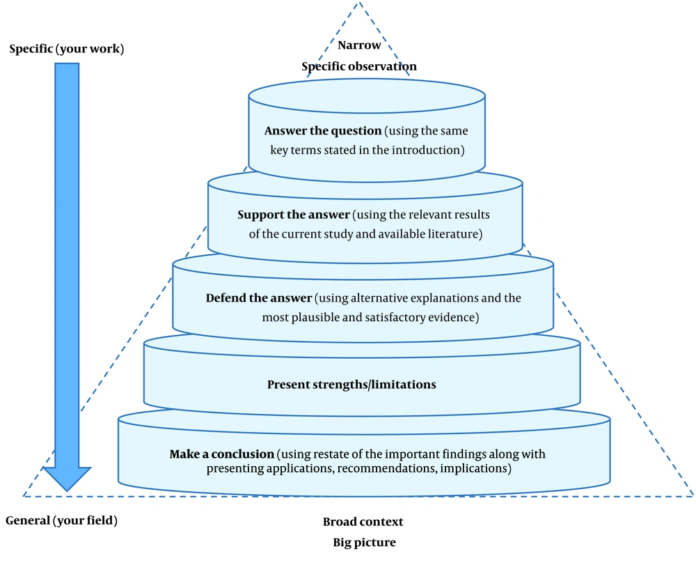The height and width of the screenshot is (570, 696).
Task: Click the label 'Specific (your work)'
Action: coord(67,48)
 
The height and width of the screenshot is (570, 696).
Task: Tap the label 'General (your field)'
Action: coord(62,521)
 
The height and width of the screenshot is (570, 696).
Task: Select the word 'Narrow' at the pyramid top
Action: coord(359,45)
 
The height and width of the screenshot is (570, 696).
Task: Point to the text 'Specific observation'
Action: coord(359,66)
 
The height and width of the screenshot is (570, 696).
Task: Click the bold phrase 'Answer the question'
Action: coord(323,130)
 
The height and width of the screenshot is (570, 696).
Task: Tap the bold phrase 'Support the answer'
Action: coord(294,215)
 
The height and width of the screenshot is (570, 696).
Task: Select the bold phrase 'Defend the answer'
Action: coord(259,298)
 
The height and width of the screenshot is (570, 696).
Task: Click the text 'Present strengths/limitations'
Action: coord(351,384)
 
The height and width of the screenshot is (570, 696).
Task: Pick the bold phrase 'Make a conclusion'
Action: coord(221,454)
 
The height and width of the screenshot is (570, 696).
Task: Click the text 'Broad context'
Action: coord(363,522)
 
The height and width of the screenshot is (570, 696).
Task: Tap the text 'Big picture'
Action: coord(365,542)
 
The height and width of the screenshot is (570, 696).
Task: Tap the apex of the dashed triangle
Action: coord(358,3)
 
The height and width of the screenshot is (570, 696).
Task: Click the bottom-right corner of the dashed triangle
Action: coord(693,496)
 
